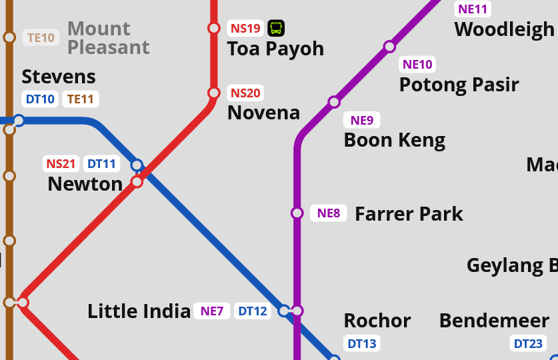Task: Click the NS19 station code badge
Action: [x=245, y=28]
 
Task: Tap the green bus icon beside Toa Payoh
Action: [x=276, y=28]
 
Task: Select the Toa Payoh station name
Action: [x=275, y=49]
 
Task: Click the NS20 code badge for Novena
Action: [x=245, y=93]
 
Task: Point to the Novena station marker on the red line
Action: [x=214, y=93]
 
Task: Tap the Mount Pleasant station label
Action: [x=108, y=38]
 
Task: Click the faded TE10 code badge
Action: [x=40, y=37]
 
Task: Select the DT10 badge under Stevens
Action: [x=40, y=99]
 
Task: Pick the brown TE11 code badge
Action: [x=81, y=99]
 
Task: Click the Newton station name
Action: [x=85, y=184]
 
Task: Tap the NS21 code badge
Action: [x=61, y=163]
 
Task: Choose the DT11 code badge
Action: [x=101, y=163]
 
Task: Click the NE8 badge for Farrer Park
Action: [x=329, y=213]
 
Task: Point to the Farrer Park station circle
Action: [x=297, y=213]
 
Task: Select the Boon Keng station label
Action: [x=394, y=140]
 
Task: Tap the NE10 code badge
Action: [x=418, y=65]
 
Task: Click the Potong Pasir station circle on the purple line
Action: [x=389, y=47]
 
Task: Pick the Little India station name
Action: [x=139, y=311]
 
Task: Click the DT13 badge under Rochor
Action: [x=362, y=344]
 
